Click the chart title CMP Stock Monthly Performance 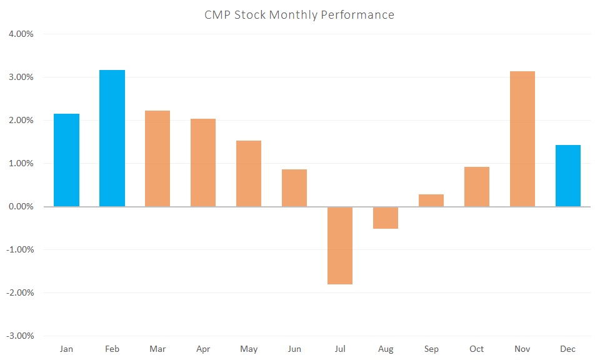pos(299,14)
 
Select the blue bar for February pos(112,138)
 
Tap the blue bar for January pos(66,160)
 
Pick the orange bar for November pos(522,139)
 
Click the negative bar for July pos(340,245)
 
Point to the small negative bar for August pos(386,217)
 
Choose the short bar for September pos(431,200)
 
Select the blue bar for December pos(567,176)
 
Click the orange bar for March pos(157,158)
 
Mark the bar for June pos(294,187)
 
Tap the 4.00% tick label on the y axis pos(21,34)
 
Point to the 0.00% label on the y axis pos(21,206)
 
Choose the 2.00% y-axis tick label pos(21,120)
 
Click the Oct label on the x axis pos(476,349)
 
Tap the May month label pos(249,349)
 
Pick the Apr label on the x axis pos(203,349)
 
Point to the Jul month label pos(340,349)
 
